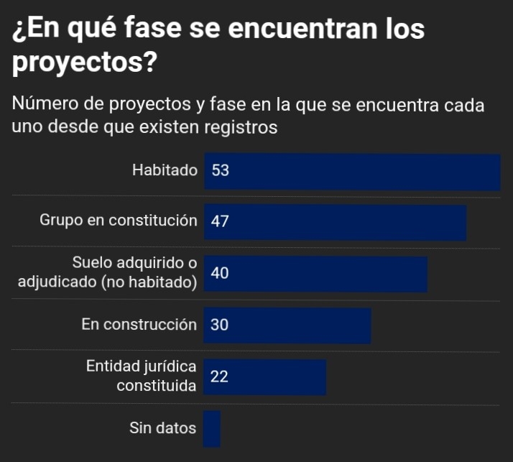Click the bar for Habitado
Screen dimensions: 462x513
tap(352, 172)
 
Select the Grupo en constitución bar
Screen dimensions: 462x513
tap(336, 222)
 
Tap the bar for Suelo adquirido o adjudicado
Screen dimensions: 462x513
tap(316, 274)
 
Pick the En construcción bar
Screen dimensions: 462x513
tap(287, 325)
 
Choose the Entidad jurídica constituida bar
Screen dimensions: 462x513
tap(265, 377)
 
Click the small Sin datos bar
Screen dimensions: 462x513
tap(212, 429)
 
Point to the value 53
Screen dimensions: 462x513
tap(220, 171)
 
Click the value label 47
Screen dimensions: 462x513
tap(220, 222)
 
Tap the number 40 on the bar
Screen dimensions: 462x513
tap(220, 273)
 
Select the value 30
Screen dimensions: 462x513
tap(220, 325)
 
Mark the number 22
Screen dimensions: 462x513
tap(220, 376)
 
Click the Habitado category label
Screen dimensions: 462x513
tap(165, 171)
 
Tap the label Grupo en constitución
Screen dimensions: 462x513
tap(118, 221)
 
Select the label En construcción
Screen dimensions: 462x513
tap(139, 325)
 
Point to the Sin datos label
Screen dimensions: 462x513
tap(162, 429)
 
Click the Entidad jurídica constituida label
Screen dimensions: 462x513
tap(142, 376)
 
